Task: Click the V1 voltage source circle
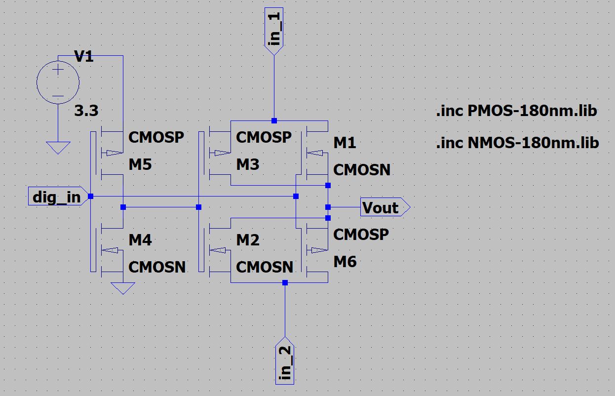(58, 83)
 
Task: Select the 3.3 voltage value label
(86, 112)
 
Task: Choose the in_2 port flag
(285, 361)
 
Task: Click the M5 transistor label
(140, 165)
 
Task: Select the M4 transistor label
(140, 240)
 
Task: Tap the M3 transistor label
(248, 165)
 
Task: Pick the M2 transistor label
(248, 240)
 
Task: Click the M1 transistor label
(345, 143)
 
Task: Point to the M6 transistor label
(345, 262)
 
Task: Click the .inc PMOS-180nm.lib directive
(517, 111)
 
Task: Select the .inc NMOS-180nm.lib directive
(517, 143)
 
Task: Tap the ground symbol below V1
(58, 147)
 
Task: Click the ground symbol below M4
(123, 288)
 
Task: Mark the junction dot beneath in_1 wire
(274, 120)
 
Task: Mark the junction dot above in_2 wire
(285, 282)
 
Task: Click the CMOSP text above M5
(156, 137)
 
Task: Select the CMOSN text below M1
(362, 170)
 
